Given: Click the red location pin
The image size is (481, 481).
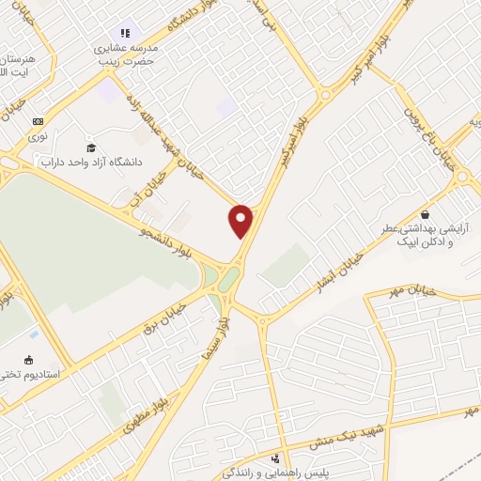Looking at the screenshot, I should coord(241,220).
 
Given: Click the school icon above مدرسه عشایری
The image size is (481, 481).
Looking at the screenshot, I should coord(125,34).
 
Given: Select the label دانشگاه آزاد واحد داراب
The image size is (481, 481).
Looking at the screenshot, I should coord(91,162).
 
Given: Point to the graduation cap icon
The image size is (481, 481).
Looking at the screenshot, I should coord(91,147).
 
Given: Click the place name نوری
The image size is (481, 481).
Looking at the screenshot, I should coord(38,136).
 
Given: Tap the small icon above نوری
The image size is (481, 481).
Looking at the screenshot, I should coord(38,121).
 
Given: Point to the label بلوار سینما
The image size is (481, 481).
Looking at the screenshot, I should coord(223,334).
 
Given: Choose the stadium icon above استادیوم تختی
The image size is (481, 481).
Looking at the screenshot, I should coord(27,359).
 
